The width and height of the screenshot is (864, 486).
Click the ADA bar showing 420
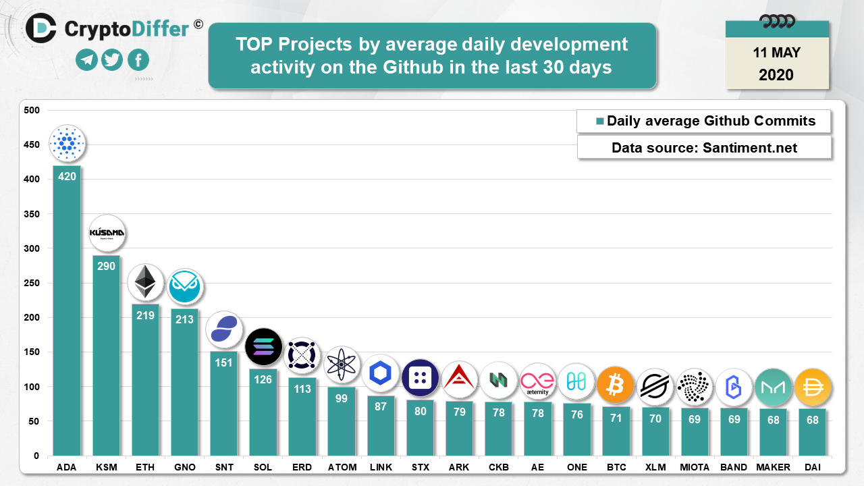pyautogui.click(x=67, y=310)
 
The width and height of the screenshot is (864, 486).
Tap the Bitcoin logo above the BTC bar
pyautogui.click(x=616, y=385)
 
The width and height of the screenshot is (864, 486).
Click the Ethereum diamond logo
pyautogui.click(x=145, y=282)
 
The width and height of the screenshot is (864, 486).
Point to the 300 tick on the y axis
pyautogui.click(x=32, y=248)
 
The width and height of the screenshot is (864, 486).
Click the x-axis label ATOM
pyautogui.click(x=341, y=467)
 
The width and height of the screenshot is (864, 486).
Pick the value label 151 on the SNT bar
pyautogui.click(x=223, y=362)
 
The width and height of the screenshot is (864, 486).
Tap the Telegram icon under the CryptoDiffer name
pyautogui.click(x=86, y=60)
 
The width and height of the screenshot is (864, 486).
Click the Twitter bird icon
pyautogui.click(x=112, y=60)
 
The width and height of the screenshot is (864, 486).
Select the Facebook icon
pyautogui.click(x=138, y=60)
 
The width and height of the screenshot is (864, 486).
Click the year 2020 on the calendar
pyautogui.click(x=776, y=75)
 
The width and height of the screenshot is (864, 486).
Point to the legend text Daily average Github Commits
pyautogui.click(x=711, y=122)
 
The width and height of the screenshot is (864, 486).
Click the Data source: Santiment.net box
pyautogui.click(x=704, y=148)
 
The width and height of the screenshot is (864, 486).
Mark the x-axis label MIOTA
pyautogui.click(x=694, y=467)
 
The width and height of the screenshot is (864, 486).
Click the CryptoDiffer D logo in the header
pyautogui.click(x=41, y=28)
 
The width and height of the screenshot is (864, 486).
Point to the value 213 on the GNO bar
pyautogui.click(x=184, y=319)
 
